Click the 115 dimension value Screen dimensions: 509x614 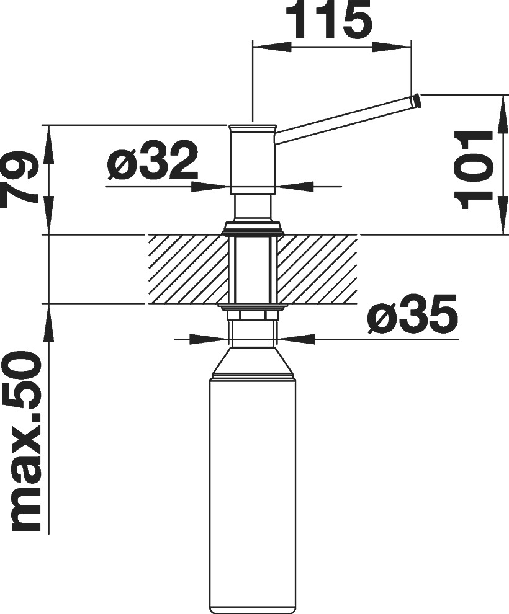point(332,20)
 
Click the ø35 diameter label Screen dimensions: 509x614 point(413,315)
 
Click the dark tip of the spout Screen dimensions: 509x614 point(416,102)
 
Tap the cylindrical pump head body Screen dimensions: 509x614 point(253,160)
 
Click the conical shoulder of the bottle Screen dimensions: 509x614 point(253,361)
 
